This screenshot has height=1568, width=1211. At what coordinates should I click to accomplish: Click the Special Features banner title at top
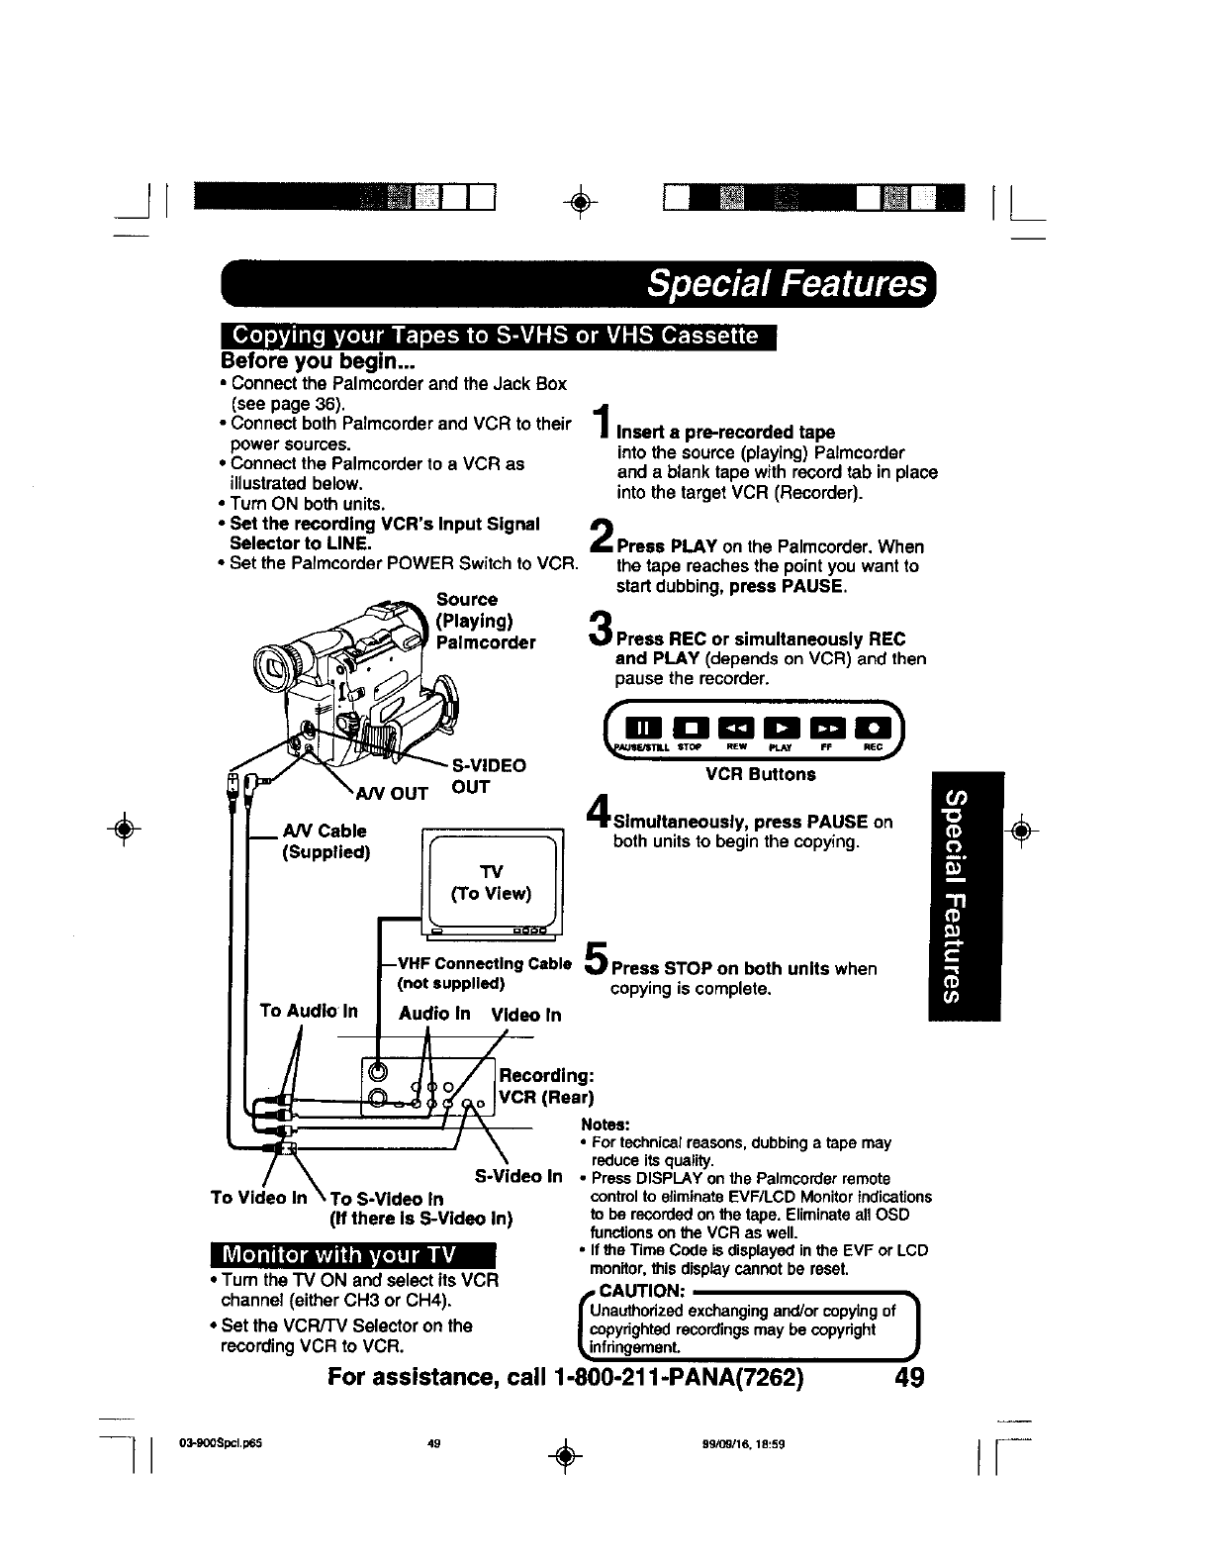(787, 285)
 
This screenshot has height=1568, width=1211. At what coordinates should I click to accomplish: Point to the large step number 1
(600, 423)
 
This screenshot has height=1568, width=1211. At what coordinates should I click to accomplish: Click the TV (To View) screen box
(491, 881)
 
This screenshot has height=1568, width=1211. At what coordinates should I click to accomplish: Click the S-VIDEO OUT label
(488, 776)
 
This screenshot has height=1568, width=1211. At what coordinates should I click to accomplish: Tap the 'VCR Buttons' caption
(760, 774)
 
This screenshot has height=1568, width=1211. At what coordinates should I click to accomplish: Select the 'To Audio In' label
(308, 1011)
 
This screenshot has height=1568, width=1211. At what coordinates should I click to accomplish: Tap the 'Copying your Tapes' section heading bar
(498, 336)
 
